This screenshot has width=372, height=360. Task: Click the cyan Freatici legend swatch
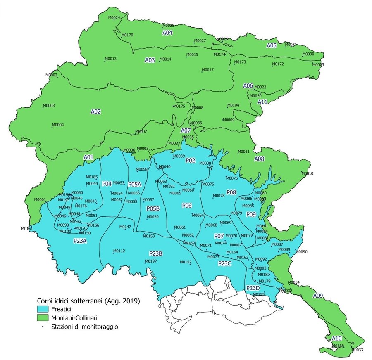coord(43,309)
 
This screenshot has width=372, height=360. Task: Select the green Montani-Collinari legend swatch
coord(43,318)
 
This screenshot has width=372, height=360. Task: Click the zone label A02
coord(96,111)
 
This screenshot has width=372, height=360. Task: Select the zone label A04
coord(167,33)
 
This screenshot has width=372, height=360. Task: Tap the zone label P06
coord(187,205)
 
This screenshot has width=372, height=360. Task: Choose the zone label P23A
coord(80,241)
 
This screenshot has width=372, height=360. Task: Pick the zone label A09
coord(318,296)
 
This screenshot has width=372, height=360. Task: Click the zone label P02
coord(190,160)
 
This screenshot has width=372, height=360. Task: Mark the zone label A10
coord(337,339)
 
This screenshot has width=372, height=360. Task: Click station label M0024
coord(114,18)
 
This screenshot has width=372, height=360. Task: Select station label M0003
coord(49,106)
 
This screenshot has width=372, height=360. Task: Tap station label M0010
coord(308,173)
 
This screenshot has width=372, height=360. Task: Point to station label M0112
coord(119,251)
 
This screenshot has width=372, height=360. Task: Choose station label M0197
coord(151,261)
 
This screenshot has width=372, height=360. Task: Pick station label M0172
coord(278,64)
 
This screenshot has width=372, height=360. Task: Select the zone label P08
coord(231,192)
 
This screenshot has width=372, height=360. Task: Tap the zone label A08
coord(259,159)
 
